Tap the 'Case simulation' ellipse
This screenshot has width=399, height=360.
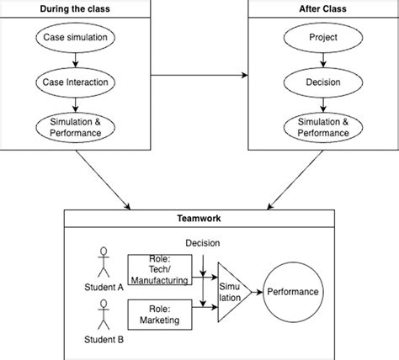coord(75,39)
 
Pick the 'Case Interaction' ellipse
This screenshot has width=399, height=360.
coord(75,82)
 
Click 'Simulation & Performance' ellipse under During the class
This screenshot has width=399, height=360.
coord(75,127)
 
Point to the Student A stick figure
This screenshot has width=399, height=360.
coord(103,261)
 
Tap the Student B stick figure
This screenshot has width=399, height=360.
coord(103,317)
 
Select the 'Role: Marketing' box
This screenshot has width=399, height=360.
coord(160,314)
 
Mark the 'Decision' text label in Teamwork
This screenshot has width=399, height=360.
coord(203,243)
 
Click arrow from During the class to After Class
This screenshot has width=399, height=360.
coord(200,77)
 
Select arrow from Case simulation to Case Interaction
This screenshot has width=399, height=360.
coord(75,61)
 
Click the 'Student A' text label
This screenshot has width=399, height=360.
coord(103,286)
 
